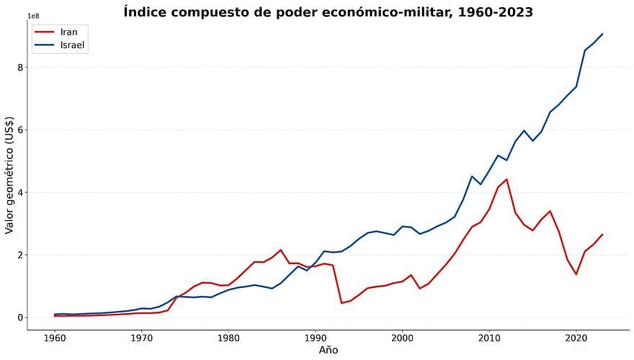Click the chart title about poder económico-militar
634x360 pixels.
(x=329, y=12)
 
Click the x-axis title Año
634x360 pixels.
(x=329, y=350)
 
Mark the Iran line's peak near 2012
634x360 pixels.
(x=506, y=179)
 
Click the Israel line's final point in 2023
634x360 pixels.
(x=602, y=34)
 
